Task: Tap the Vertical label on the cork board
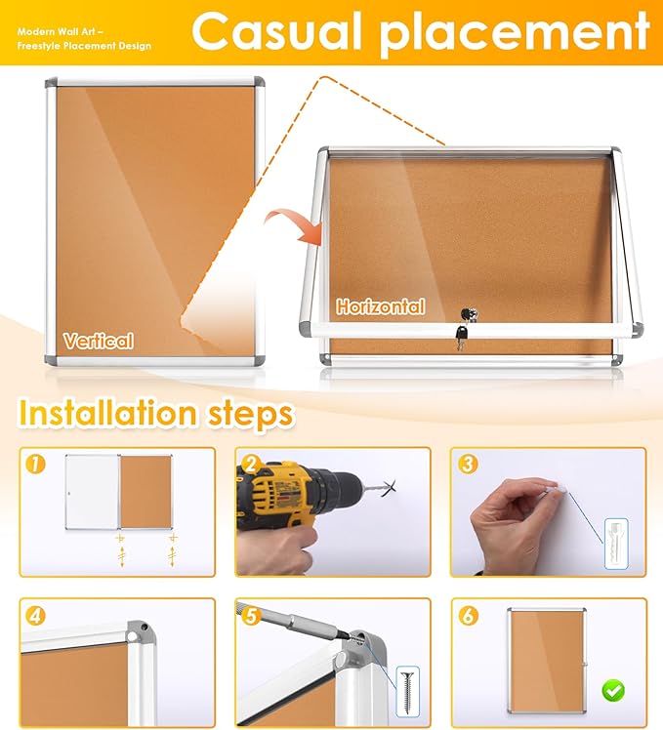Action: click(98, 341)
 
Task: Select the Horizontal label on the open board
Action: click(381, 306)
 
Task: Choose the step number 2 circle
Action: click(251, 465)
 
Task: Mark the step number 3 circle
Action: click(467, 465)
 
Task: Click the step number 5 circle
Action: click(251, 616)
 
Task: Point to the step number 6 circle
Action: click(467, 616)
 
